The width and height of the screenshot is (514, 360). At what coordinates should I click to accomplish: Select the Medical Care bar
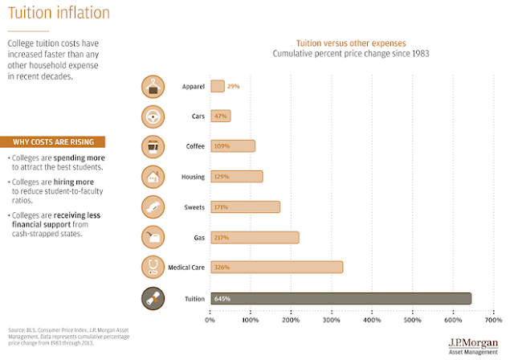pyautogui.click(x=276, y=267)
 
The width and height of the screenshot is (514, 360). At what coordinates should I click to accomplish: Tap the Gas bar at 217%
pyautogui.click(x=255, y=237)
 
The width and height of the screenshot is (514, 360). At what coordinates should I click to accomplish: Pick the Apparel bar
pyautogui.click(x=218, y=86)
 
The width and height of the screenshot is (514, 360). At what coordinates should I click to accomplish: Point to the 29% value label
pyautogui.click(x=234, y=86)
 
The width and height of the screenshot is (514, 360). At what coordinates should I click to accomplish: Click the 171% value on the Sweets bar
pyautogui.click(x=220, y=207)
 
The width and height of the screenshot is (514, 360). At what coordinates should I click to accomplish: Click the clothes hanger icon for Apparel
pyautogui.click(x=153, y=86)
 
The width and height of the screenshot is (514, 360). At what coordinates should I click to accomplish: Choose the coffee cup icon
pyautogui.click(x=153, y=146)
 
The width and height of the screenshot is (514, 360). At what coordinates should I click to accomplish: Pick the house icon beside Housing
pyautogui.click(x=153, y=177)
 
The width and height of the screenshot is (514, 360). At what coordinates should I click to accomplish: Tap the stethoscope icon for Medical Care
pyautogui.click(x=153, y=267)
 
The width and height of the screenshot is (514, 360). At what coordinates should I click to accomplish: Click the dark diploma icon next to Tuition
pyautogui.click(x=153, y=298)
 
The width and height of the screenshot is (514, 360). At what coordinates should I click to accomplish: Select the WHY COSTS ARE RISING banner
pyautogui.click(x=58, y=142)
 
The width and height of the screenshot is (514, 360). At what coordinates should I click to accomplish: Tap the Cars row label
pyautogui.click(x=198, y=116)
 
